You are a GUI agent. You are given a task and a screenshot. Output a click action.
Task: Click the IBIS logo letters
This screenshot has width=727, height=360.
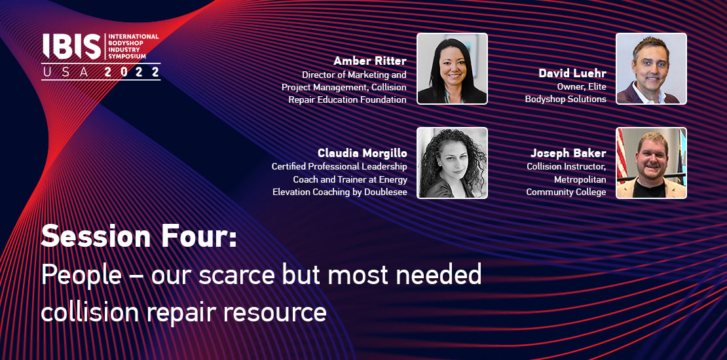(x=71, y=46)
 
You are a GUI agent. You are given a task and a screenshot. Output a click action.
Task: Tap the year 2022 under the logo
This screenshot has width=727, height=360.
(x=132, y=72)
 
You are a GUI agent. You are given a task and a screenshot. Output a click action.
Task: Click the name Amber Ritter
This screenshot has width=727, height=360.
(x=370, y=61)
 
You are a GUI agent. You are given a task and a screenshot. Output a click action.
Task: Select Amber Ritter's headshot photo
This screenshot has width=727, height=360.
(x=452, y=69)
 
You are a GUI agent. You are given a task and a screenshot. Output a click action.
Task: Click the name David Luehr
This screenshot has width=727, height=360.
(x=572, y=73)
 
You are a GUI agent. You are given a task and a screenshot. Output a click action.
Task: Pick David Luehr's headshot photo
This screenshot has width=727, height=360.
(x=651, y=69)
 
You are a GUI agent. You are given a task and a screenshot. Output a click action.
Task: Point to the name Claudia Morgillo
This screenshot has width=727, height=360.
(x=362, y=153)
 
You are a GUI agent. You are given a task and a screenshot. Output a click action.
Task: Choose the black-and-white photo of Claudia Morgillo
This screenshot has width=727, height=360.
(x=452, y=163)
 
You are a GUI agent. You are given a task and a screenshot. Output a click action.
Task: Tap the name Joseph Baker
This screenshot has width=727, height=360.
(x=569, y=153)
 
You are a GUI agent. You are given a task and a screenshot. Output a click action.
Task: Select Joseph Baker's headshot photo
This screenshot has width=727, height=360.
(x=651, y=163)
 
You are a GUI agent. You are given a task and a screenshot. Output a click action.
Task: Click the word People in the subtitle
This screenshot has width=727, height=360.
(x=81, y=275)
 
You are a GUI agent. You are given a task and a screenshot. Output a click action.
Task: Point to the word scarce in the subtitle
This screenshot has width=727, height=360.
(x=237, y=275)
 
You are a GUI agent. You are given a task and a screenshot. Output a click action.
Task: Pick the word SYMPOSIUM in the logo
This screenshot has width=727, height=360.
(x=127, y=56)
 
